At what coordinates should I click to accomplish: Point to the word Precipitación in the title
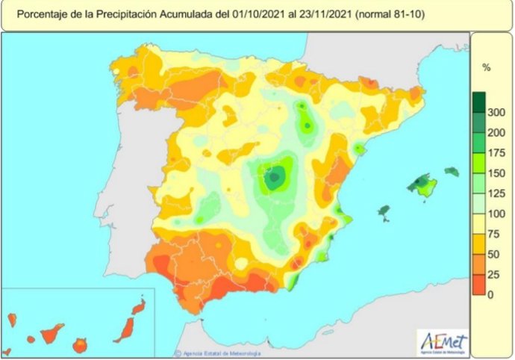click(x=124, y=14)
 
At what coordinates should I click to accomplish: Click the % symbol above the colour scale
click(x=486, y=68)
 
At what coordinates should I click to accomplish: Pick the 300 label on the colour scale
click(x=496, y=113)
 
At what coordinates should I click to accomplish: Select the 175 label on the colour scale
click(x=496, y=152)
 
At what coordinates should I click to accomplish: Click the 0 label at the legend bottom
click(x=490, y=295)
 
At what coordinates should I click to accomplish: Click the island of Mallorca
click(x=423, y=186)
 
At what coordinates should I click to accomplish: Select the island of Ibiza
click(x=385, y=213)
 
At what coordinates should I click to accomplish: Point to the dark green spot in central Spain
click(x=275, y=178)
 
